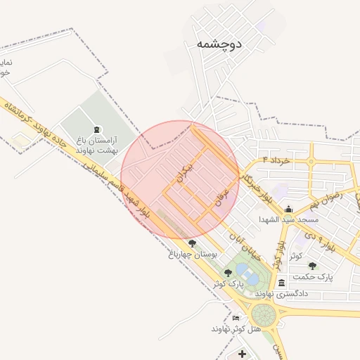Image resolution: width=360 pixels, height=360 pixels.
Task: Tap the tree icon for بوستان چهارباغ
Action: [x=192, y=243]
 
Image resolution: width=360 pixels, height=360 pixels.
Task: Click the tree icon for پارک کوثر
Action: [x=228, y=272]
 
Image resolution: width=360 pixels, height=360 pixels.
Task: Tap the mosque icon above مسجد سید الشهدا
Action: [x=288, y=209]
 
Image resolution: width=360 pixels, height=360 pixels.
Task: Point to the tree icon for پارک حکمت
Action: [x=312, y=266]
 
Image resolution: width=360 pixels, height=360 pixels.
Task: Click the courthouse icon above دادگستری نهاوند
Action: [x=282, y=283]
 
